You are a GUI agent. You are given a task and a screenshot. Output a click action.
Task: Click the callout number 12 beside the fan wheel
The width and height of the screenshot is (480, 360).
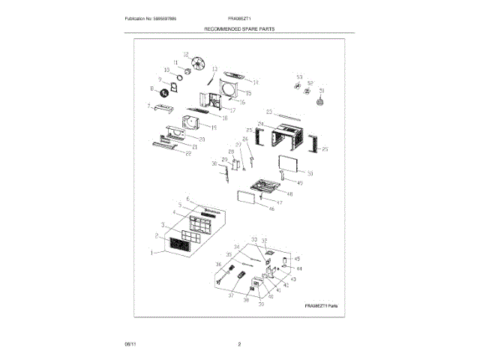(x=186, y=54)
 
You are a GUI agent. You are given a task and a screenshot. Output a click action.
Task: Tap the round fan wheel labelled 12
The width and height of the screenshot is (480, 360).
(x=199, y=64)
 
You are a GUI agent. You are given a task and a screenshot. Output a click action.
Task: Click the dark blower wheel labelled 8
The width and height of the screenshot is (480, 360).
(x=159, y=92)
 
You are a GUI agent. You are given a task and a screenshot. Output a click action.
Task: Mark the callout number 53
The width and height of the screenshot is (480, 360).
(x=298, y=77)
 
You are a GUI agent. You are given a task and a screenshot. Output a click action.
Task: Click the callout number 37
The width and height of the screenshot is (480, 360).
(x=232, y=295)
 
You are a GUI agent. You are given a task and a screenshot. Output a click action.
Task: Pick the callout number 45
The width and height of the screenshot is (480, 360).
(x=296, y=259)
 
